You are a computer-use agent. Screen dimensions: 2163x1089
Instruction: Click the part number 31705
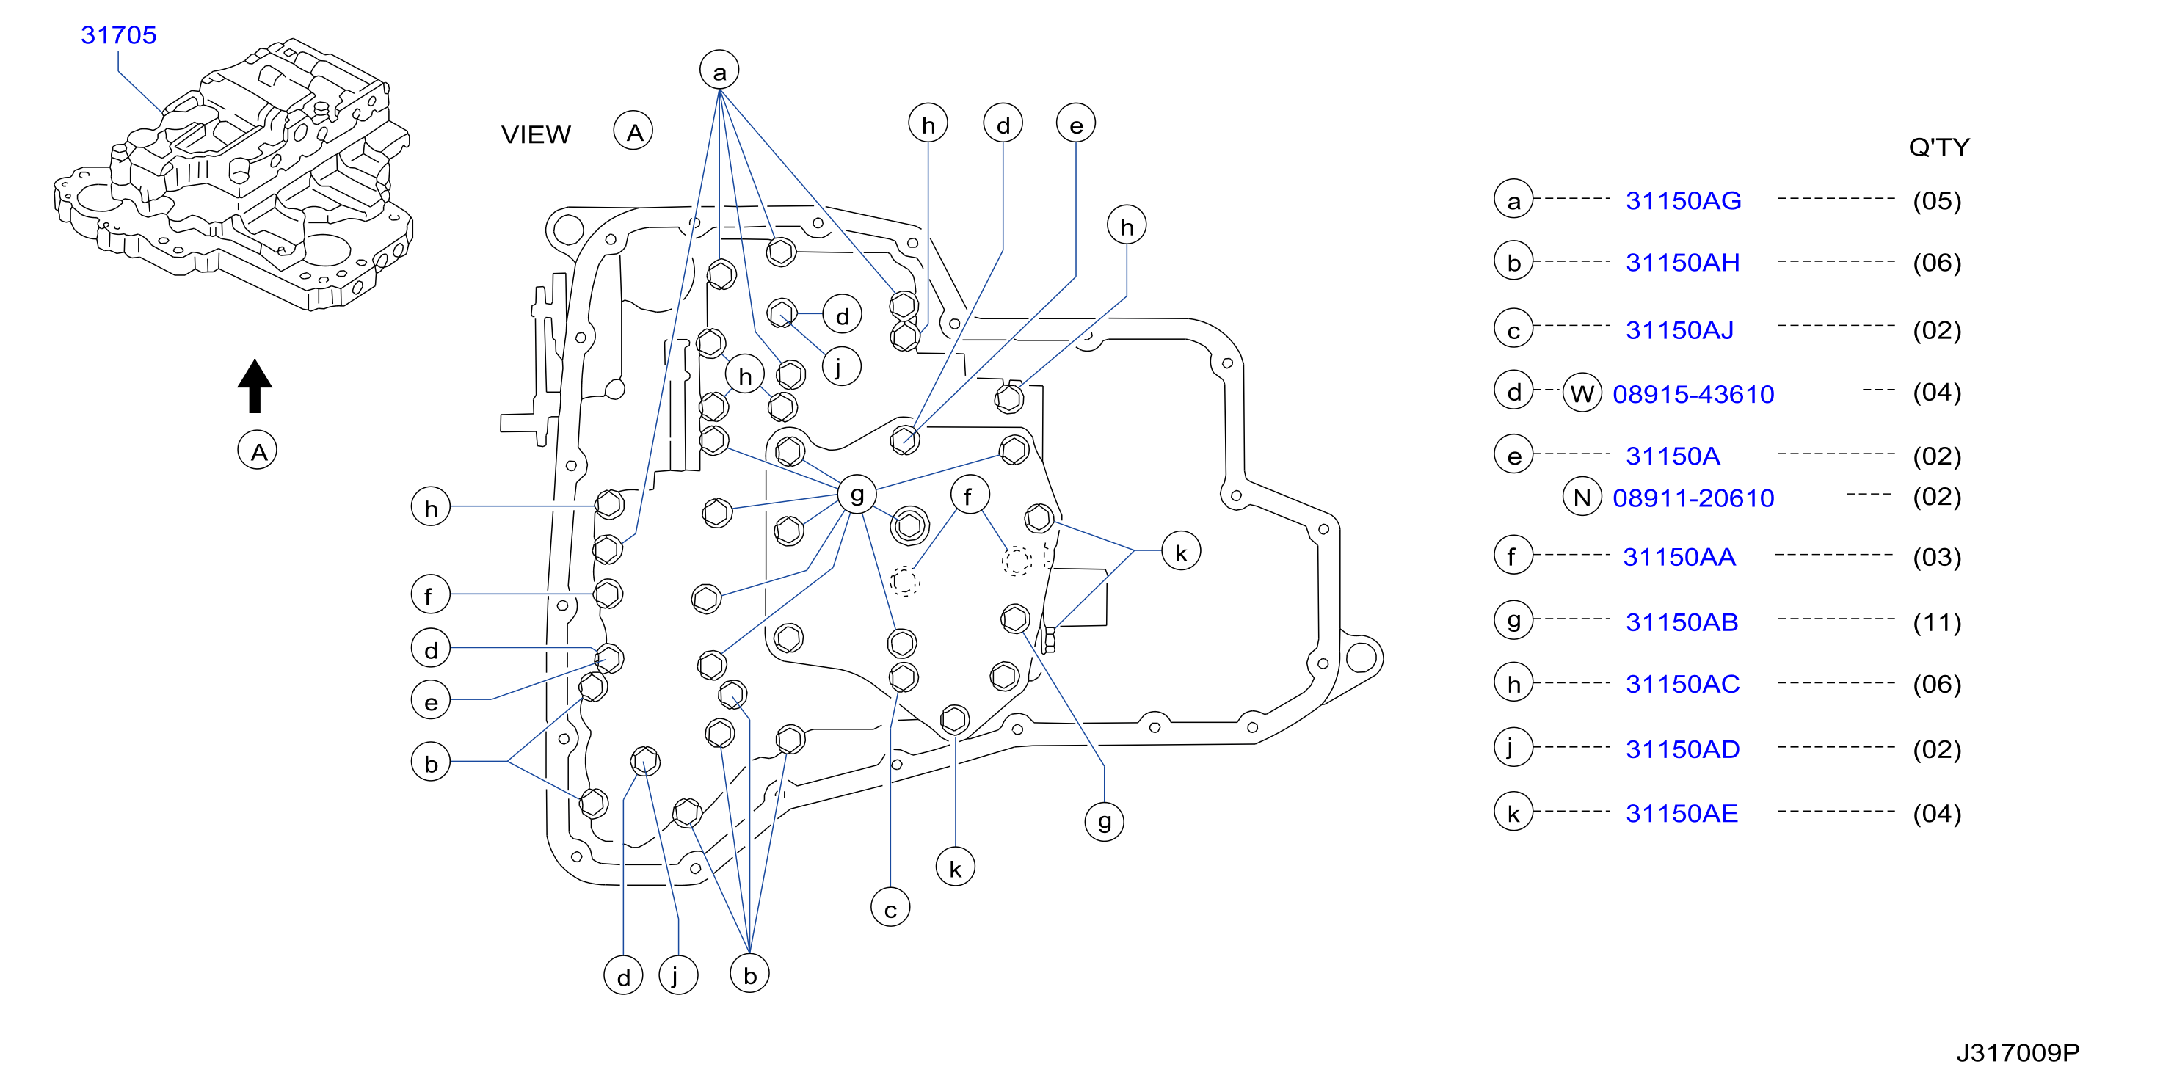[x=118, y=35]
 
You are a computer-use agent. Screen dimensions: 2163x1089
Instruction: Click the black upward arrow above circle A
[x=255, y=385]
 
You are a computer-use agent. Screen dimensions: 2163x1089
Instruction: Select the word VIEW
[x=536, y=134]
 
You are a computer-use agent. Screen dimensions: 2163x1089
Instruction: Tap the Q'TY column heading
[x=1939, y=147]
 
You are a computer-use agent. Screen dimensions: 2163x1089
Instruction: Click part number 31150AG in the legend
[x=1684, y=200]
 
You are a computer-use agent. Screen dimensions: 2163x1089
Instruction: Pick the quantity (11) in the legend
[x=1937, y=622]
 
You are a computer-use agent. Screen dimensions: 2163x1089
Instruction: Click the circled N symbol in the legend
[x=1582, y=497]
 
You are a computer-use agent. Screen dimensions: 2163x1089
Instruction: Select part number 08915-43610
[x=1693, y=394]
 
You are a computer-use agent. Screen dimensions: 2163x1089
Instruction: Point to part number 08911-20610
[x=1693, y=498]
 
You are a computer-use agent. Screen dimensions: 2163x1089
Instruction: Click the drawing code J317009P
[x=2018, y=1052]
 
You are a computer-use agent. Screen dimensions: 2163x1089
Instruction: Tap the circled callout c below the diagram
[x=891, y=908]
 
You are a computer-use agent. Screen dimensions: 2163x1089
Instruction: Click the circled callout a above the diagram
[x=719, y=70]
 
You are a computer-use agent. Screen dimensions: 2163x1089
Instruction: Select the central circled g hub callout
[x=857, y=495]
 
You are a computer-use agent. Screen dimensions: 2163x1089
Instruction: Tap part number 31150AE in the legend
[x=1682, y=813]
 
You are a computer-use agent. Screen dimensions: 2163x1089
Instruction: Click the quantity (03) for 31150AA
[x=1937, y=557]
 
